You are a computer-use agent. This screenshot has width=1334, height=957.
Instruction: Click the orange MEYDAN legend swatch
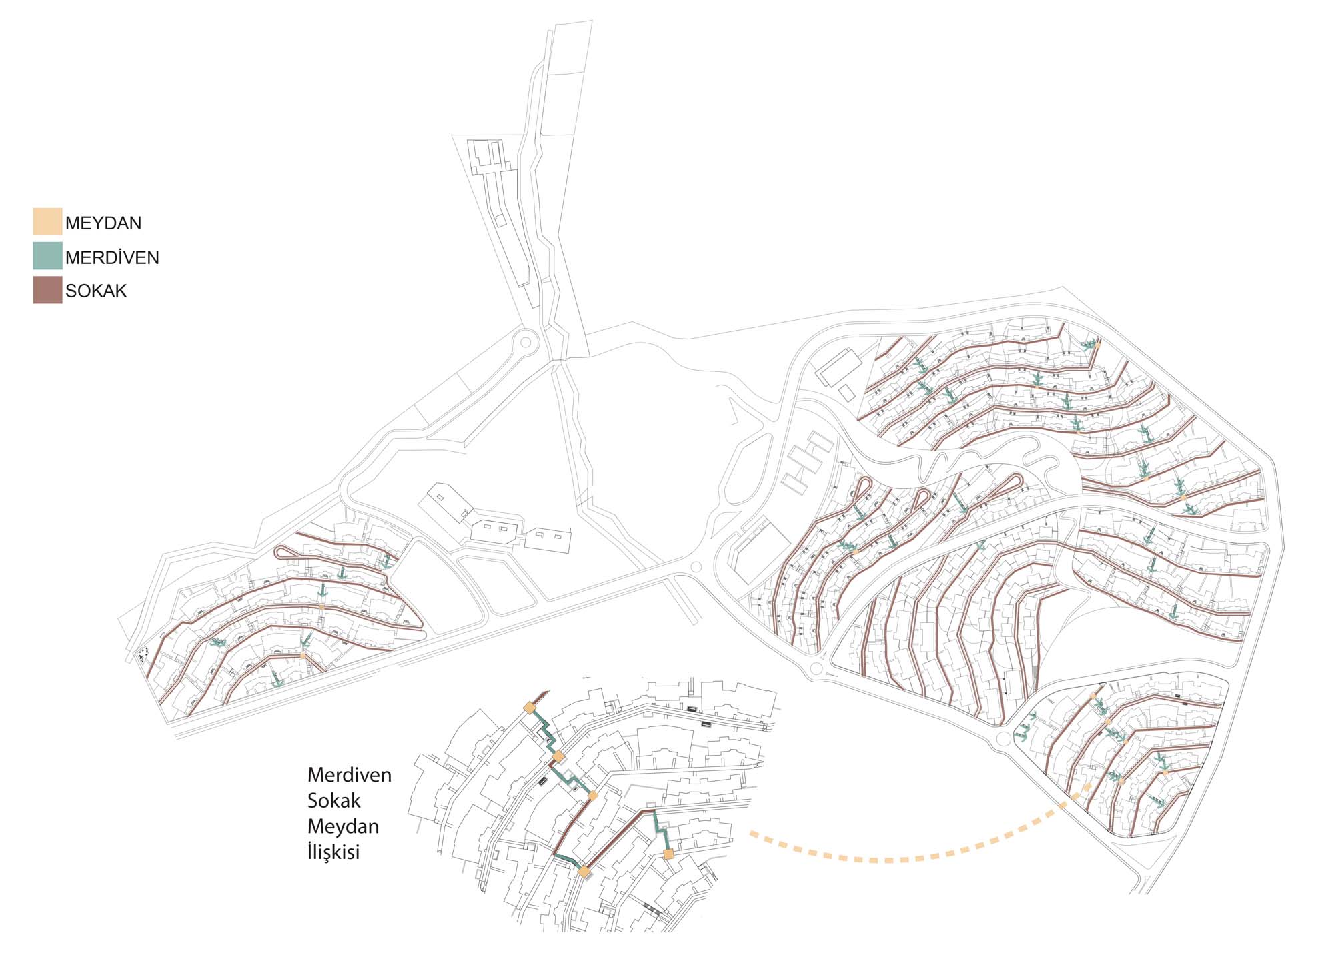coord(47,221)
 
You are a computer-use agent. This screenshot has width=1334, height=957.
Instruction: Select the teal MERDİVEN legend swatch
coord(47,256)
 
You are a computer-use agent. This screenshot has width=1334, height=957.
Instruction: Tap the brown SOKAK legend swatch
coord(47,290)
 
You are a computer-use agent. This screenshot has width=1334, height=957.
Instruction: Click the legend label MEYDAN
coord(103,223)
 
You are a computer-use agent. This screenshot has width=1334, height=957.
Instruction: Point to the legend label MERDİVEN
coord(112,258)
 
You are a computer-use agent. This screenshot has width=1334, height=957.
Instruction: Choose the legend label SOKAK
coord(96,291)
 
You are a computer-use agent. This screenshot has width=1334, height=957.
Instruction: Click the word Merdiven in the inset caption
coord(349,775)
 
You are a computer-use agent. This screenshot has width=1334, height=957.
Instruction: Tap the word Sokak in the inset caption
coord(333,801)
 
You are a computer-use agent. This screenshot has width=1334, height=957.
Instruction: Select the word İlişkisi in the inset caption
coord(333,852)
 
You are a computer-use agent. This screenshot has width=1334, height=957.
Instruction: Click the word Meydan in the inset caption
coord(343,827)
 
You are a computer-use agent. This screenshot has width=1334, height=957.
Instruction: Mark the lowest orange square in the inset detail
coord(584,872)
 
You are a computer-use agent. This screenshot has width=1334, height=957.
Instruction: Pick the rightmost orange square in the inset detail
coord(668,854)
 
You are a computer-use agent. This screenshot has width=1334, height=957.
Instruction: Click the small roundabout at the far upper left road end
coord(526,342)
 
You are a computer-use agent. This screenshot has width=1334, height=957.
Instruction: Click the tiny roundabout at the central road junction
coord(696,567)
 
